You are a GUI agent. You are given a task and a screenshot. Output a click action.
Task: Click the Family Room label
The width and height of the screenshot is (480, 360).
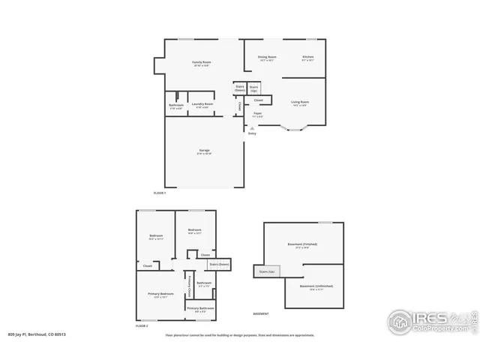[x=201, y=63]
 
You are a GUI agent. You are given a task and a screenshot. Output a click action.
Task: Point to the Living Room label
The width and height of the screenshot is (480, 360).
[x=300, y=103]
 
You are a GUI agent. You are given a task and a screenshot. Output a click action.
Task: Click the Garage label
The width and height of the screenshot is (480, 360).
[x=204, y=151]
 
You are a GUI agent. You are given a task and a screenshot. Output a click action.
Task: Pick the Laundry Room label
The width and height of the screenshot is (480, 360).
[x=201, y=105]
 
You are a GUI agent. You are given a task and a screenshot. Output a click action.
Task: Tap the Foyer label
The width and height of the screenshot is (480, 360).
[x=257, y=115]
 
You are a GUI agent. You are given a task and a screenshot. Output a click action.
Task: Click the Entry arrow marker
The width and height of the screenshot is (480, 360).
[x=252, y=129]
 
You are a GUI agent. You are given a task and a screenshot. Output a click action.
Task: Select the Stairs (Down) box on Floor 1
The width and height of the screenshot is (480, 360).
[x=240, y=88]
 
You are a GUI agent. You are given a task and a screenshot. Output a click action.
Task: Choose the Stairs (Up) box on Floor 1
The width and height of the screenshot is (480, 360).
[x=254, y=88]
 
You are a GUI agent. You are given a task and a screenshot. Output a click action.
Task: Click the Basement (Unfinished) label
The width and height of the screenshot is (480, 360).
[x=316, y=287]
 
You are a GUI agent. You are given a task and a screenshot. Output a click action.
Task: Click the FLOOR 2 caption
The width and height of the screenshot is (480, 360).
[x=142, y=326]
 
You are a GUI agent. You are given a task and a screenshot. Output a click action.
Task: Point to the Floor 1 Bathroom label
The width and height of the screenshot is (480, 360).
[x=175, y=106]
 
